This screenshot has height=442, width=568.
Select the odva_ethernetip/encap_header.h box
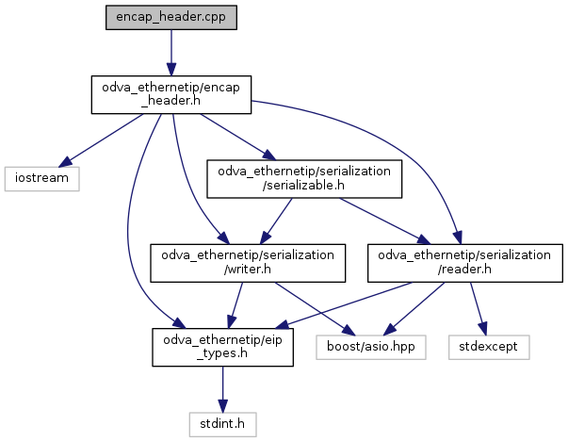coord(170,95)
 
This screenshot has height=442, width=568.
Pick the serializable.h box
coord(305,178)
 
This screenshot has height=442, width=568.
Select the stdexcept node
coord(490,346)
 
